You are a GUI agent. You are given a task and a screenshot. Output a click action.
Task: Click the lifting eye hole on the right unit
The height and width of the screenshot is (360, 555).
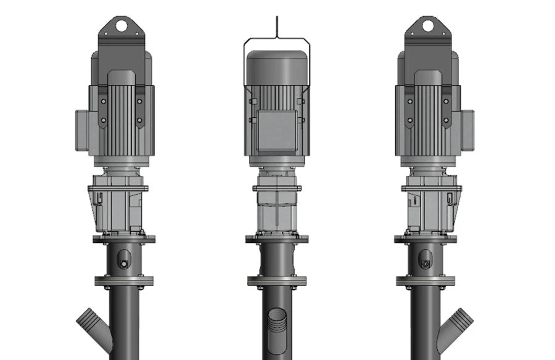pyautogui.click(x=427, y=26)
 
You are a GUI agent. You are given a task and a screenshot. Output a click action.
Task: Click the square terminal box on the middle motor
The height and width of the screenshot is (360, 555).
pyautogui.click(x=277, y=131)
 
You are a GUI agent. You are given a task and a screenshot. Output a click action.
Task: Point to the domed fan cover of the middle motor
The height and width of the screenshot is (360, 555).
pyautogui.click(x=277, y=67)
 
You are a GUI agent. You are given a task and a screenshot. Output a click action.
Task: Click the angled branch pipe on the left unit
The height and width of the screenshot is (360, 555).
pyautogui.click(x=93, y=324)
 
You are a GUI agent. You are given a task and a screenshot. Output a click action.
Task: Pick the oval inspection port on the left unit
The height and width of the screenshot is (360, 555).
pyautogui.click(x=123, y=259)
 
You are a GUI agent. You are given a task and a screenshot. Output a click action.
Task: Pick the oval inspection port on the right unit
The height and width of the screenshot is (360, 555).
pyautogui.click(x=425, y=259)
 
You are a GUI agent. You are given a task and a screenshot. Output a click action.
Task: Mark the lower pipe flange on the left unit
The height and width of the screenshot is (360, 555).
pyautogui.click(x=124, y=282)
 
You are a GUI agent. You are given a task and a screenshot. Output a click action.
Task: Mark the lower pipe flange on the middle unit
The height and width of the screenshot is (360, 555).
pyautogui.click(x=277, y=282)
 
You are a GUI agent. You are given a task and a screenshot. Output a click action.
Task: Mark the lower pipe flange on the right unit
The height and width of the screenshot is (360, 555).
pyautogui.click(x=425, y=282)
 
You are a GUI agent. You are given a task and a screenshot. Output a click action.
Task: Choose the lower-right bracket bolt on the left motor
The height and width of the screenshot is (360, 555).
pyautogui.click(x=140, y=120)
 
